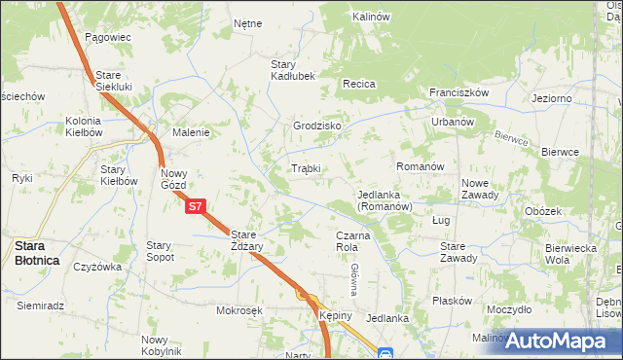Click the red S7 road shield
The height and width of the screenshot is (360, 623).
pyautogui.click(x=195, y=206)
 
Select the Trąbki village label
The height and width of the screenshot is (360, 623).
pyautogui.click(x=307, y=168)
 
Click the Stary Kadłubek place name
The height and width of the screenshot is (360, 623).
pyautogui.click(x=292, y=70)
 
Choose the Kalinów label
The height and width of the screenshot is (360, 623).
pyautogui.click(x=371, y=17)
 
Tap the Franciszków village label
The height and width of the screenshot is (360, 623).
pyautogui.click(x=458, y=92)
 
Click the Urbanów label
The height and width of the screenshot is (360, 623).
pyautogui.click(x=453, y=123)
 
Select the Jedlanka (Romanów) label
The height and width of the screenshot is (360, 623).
pyautogui.click(x=385, y=200)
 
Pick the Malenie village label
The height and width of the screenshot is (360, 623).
pyautogui.click(x=191, y=132)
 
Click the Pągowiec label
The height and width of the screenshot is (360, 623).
pyautogui.click(x=107, y=37)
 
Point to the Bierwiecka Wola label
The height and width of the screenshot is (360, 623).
pyautogui.click(x=571, y=254)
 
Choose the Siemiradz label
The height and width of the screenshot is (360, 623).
pyautogui.click(x=40, y=306)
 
